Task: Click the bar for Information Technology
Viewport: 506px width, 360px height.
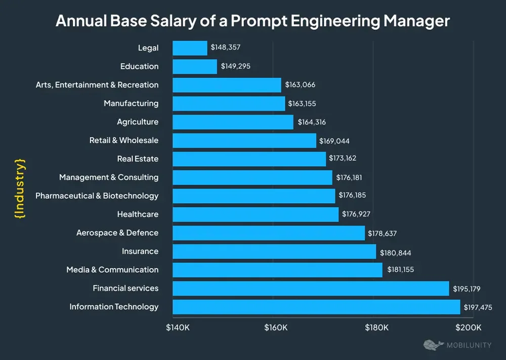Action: click(x=316, y=307)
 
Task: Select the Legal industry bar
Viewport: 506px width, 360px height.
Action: click(x=190, y=48)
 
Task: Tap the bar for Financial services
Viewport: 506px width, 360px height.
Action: click(x=311, y=288)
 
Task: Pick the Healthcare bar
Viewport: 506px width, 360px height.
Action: click(x=256, y=214)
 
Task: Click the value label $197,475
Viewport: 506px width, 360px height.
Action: click(x=478, y=307)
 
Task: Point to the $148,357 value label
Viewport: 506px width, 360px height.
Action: click(x=226, y=48)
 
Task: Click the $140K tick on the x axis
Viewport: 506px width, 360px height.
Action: click(x=178, y=328)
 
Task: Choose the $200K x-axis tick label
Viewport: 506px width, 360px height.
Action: click(x=469, y=328)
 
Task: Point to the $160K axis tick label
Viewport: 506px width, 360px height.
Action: click(x=276, y=328)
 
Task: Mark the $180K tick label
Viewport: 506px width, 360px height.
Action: click(x=376, y=328)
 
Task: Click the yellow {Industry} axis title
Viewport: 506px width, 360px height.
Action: click(x=20, y=188)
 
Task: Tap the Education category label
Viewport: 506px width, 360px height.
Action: click(x=139, y=66)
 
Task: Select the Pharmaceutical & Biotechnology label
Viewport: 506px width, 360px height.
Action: click(x=97, y=196)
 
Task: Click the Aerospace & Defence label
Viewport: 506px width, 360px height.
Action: click(x=117, y=233)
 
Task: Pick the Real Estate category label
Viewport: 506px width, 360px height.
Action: click(x=138, y=159)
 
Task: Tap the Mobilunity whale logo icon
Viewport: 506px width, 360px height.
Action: click(x=433, y=345)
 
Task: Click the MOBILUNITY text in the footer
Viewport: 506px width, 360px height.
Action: click(x=470, y=346)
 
